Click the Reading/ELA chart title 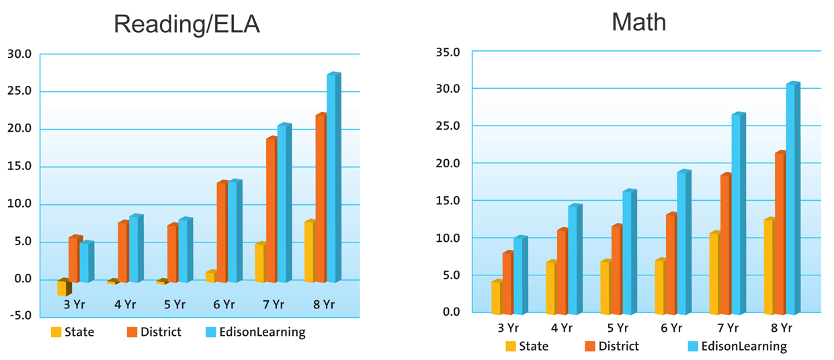pyautogui.click(x=186, y=24)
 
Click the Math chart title pyautogui.click(x=638, y=22)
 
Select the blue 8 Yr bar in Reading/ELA pyautogui.click(x=333, y=178)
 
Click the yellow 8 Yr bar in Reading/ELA pyautogui.click(x=309, y=252)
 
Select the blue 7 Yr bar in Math pyautogui.click(x=737, y=214)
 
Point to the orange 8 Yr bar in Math pyautogui.click(x=780, y=233)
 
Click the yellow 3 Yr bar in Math pyautogui.click(x=496, y=298)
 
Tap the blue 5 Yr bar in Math pyautogui.click(x=628, y=252)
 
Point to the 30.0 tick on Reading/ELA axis pyautogui.click(x=19, y=54)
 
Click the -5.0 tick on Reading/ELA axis pyautogui.click(x=19, y=316)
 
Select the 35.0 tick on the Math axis pyautogui.click(x=447, y=52)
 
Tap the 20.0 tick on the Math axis pyautogui.click(x=447, y=163)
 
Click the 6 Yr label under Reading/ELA pyautogui.click(x=224, y=305)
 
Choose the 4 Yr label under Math pyautogui.click(x=561, y=328)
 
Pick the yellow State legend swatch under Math pyautogui.click(x=511, y=347)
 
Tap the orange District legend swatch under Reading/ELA pyautogui.click(x=132, y=332)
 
